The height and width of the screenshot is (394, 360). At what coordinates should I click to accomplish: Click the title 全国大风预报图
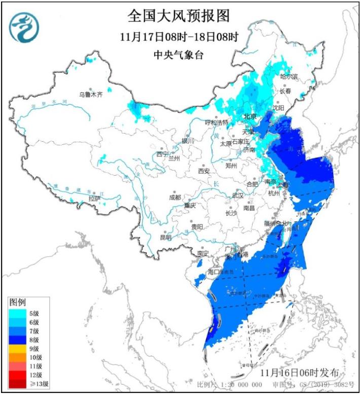point(178,16)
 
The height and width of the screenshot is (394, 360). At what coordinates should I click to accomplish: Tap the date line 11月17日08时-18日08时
point(178,38)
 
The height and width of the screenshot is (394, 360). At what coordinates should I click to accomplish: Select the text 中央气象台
point(178,55)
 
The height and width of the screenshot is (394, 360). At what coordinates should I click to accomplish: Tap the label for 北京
point(250,116)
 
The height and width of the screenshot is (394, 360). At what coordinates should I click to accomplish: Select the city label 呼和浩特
point(217,122)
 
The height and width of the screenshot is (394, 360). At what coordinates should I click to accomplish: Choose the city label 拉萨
point(95,199)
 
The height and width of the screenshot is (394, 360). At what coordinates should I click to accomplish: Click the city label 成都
point(174,197)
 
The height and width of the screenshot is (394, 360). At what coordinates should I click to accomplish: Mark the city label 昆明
point(166,237)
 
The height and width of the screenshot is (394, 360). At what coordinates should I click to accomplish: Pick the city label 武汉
point(237,195)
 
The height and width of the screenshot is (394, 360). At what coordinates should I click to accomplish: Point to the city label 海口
point(214,272)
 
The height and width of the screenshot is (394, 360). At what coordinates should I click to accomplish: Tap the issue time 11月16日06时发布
point(299,372)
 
